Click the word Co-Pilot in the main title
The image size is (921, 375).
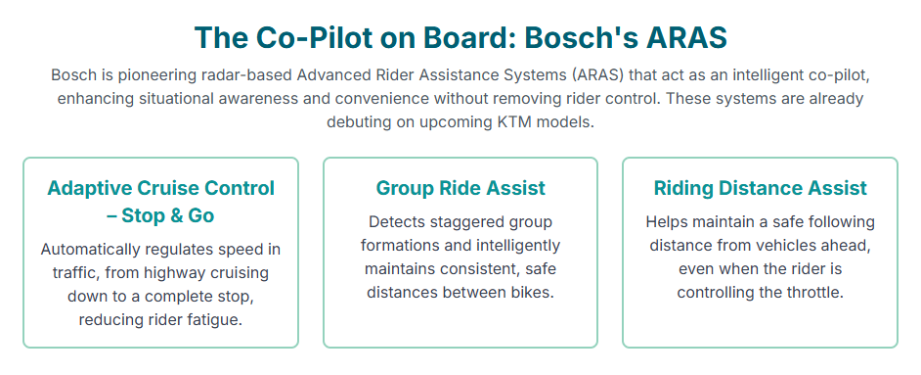(314, 37)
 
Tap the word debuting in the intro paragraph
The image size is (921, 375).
(354, 123)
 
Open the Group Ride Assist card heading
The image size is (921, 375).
(460, 188)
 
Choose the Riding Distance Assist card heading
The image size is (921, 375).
(760, 188)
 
